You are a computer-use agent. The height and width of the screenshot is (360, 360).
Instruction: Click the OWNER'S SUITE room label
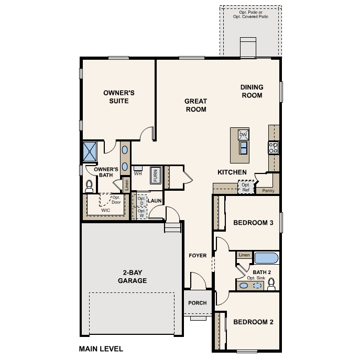[119, 96]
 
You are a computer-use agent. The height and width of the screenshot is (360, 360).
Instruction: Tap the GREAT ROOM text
[195, 105]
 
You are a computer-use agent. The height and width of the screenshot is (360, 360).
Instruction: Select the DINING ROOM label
[252, 91]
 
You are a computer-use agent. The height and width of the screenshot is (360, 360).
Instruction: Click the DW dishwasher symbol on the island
[243, 135]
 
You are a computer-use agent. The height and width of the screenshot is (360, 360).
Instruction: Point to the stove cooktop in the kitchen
[273, 148]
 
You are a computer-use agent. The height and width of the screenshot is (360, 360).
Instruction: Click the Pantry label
[268, 191]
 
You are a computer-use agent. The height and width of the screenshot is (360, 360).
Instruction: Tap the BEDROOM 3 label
[253, 223]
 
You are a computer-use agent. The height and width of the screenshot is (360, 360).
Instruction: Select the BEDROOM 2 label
[253, 322]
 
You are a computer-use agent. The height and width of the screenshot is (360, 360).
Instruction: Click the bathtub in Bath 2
[267, 258]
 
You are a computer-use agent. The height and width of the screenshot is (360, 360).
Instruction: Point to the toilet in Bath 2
[271, 284]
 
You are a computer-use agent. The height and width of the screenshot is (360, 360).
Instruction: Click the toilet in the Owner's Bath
[89, 186]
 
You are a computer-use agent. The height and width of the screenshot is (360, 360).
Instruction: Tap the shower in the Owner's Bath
[91, 151]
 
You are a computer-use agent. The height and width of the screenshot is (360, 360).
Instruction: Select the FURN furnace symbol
[156, 175]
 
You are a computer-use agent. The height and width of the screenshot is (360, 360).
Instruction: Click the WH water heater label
[138, 173]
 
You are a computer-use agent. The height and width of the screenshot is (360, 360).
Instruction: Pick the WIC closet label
[106, 210]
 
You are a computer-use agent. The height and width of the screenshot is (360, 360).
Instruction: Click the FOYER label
[198, 256]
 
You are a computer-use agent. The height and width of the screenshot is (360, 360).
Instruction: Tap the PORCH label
[198, 303]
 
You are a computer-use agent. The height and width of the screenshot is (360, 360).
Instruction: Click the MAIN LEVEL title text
[101, 348]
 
